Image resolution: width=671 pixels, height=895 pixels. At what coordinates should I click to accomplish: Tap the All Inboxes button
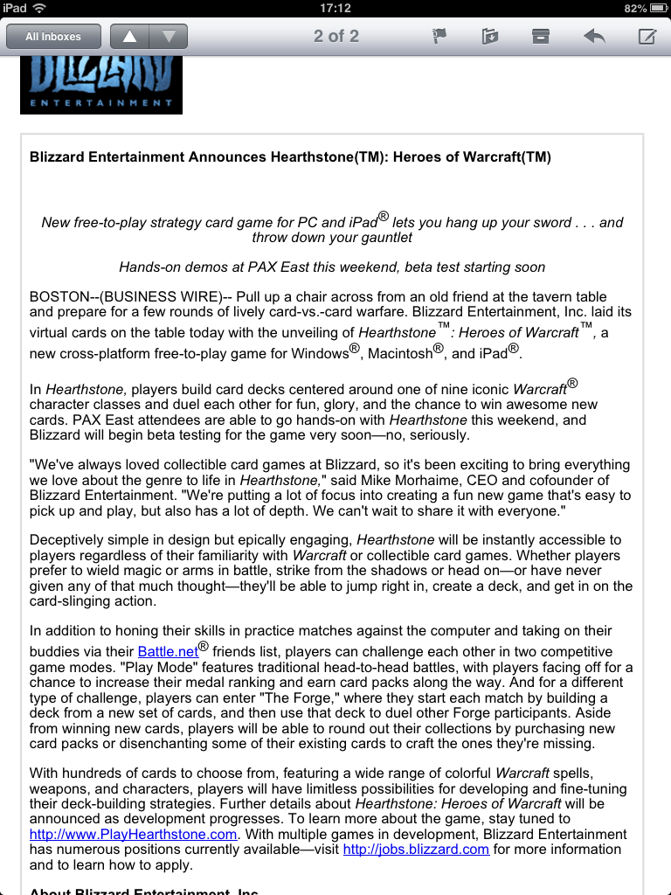click(x=53, y=37)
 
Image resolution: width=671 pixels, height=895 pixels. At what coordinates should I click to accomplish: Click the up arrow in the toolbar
click(x=130, y=37)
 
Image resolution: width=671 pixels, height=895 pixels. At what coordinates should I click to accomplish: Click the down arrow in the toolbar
click(x=169, y=37)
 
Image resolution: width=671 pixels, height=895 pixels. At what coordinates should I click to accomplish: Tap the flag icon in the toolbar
click(x=439, y=37)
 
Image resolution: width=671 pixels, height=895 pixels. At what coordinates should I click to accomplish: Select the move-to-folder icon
click(x=489, y=37)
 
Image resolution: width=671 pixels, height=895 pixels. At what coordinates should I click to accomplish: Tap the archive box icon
click(x=541, y=37)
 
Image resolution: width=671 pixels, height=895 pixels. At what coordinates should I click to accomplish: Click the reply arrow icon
click(x=594, y=37)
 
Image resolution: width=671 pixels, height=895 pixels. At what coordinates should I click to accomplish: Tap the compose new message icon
click(x=647, y=37)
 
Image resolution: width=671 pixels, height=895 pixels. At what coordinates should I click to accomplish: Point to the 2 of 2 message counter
click(x=336, y=37)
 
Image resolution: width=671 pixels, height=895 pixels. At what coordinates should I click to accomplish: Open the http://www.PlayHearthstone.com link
click(x=134, y=834)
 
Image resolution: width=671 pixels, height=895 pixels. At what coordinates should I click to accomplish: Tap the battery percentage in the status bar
click(x=635, y=8)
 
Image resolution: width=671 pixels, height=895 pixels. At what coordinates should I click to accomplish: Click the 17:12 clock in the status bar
click(x=335, y=8)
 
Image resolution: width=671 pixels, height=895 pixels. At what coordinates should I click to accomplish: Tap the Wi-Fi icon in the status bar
click(x=40, y=8)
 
